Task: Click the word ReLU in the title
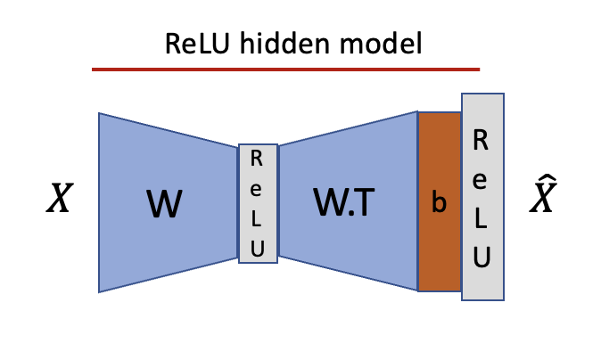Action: [x=192, y=44]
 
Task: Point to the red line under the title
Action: [x=285, y=69]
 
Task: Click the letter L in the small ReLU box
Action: [x=257, y=219]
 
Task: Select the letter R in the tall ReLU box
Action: [x=482, y=140]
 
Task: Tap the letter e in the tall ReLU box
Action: [x=482, y=182]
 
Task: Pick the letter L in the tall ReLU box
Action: [x=482, y=223]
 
